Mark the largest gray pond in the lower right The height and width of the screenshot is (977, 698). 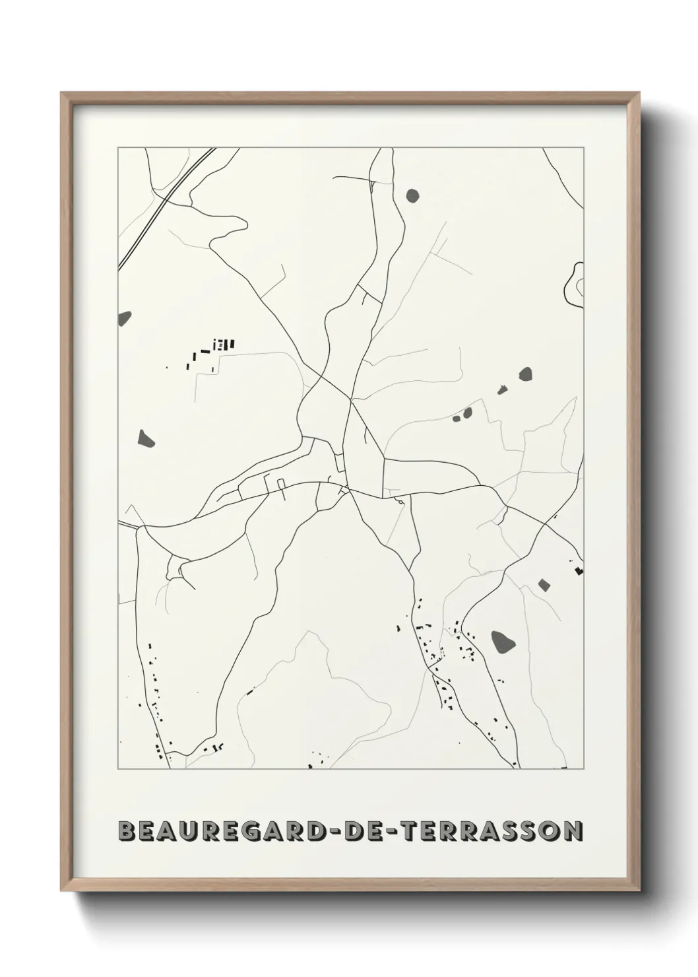click(x=503, y=640)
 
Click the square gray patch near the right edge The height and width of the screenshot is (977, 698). click(x=544, y=584)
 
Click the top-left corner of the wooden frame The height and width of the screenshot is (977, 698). click(x=63, y=94)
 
